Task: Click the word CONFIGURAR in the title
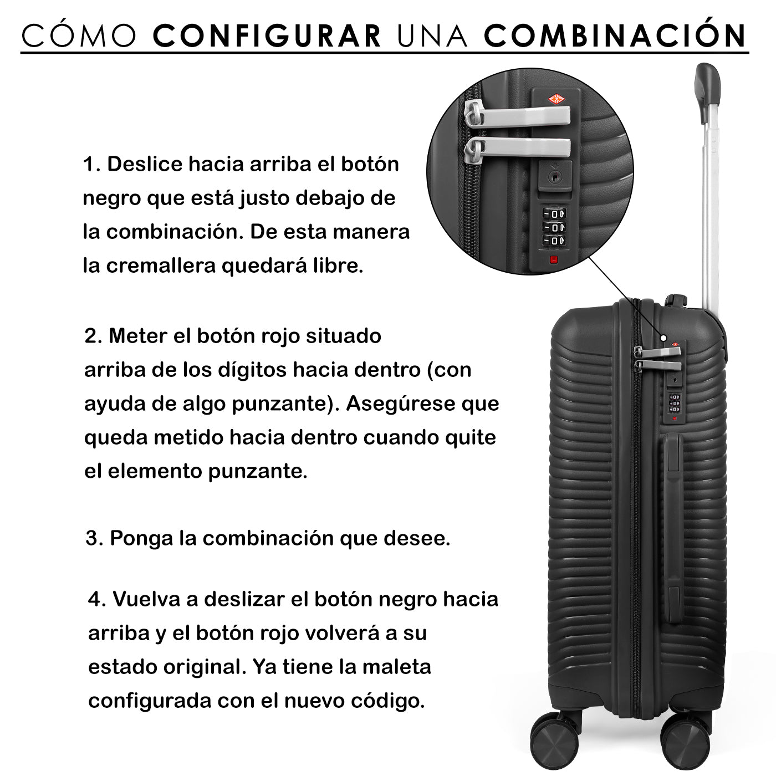(x=267, y=36)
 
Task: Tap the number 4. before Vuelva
(x=97, y=599)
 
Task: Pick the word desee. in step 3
(x=417, y=538)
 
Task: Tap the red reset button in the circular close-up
(x=554, y=260)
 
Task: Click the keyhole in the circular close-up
(x=555, y=176)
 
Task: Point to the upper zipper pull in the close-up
(x=518, y=114)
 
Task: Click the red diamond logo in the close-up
(x=557, y=99)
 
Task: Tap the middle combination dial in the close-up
(x=554, y=227)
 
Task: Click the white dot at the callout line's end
(x=663, y=338)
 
